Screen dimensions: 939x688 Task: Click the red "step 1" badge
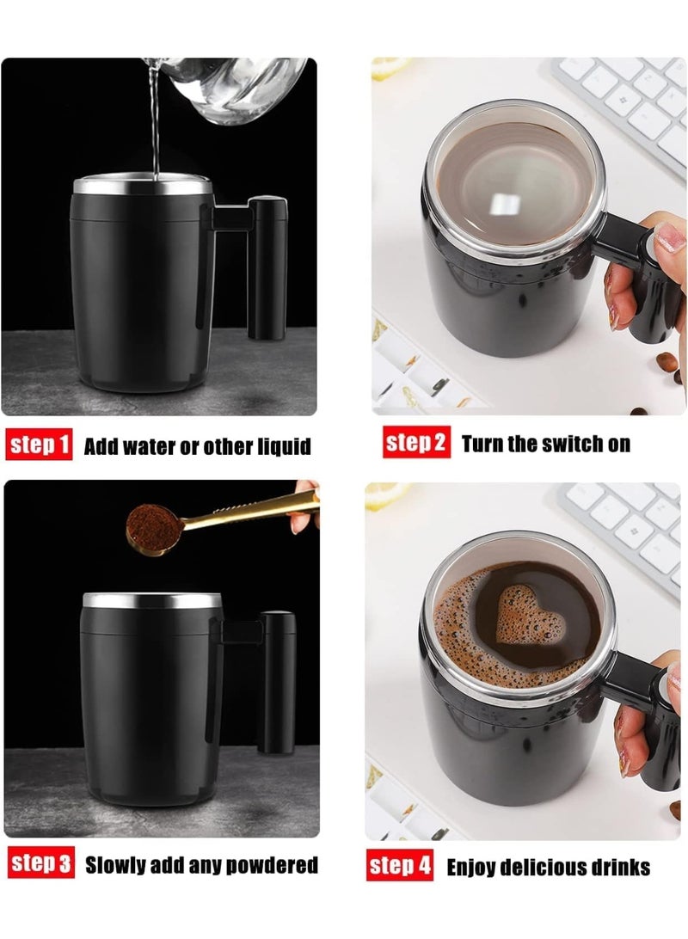tap(40, 445)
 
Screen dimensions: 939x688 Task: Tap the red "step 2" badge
tap(416, 443)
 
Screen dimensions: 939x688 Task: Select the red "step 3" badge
tap(40, 864)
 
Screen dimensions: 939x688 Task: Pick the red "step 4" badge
tap(400, 866)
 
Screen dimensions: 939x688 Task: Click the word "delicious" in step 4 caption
tap(562, 867)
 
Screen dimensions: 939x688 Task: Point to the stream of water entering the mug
tap(155, 129)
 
